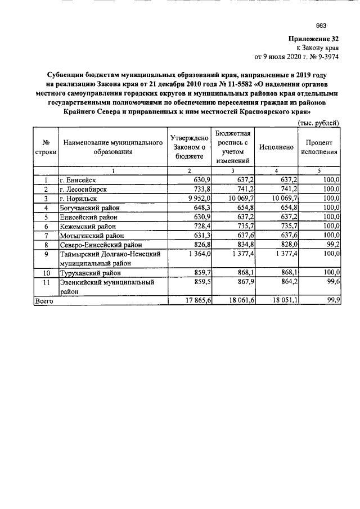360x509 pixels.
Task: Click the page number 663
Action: point(322,25)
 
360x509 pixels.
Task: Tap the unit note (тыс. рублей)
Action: point(318,123)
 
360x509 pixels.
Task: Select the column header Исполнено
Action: point(276,147)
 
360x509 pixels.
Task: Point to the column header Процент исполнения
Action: point(319,147)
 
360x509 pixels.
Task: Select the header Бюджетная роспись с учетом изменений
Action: point(233,147)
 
